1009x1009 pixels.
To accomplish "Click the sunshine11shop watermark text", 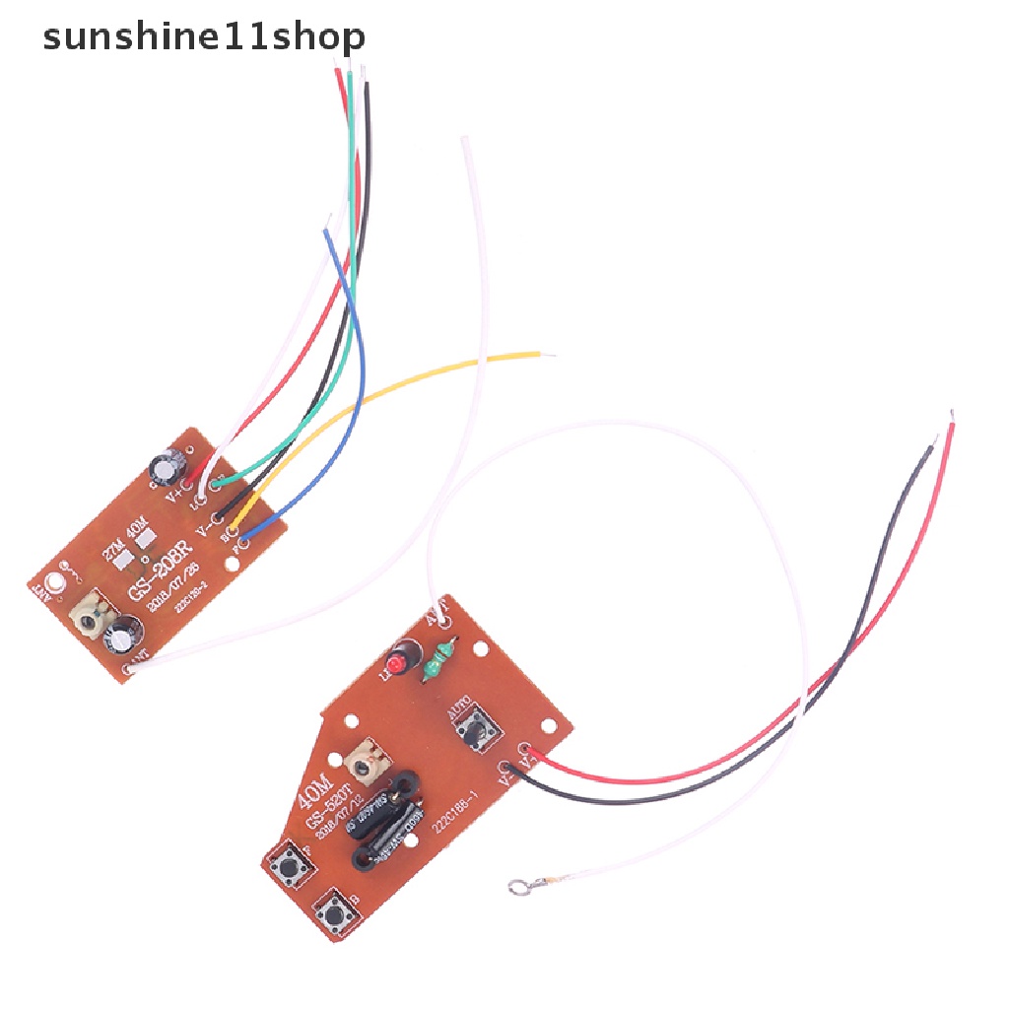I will [204, 37].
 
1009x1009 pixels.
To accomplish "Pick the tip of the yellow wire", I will [537, 354].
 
